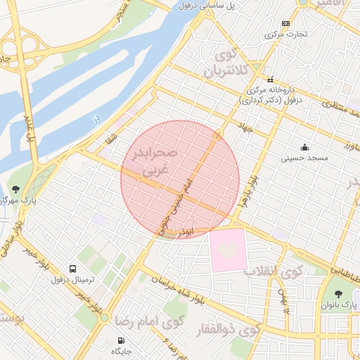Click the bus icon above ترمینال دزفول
pyautogui.click(x=72, y=269)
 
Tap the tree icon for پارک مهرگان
pyautogui.click(x=15, y=188)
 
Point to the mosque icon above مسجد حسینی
pyautogui.click(x=304, y=147)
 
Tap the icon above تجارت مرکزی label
pyautogui.click(x=285, y=23)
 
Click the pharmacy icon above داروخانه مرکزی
pyautogui.click(x=269, y=79)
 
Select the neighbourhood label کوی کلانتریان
pyautogui.click(x=226, y=61)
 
